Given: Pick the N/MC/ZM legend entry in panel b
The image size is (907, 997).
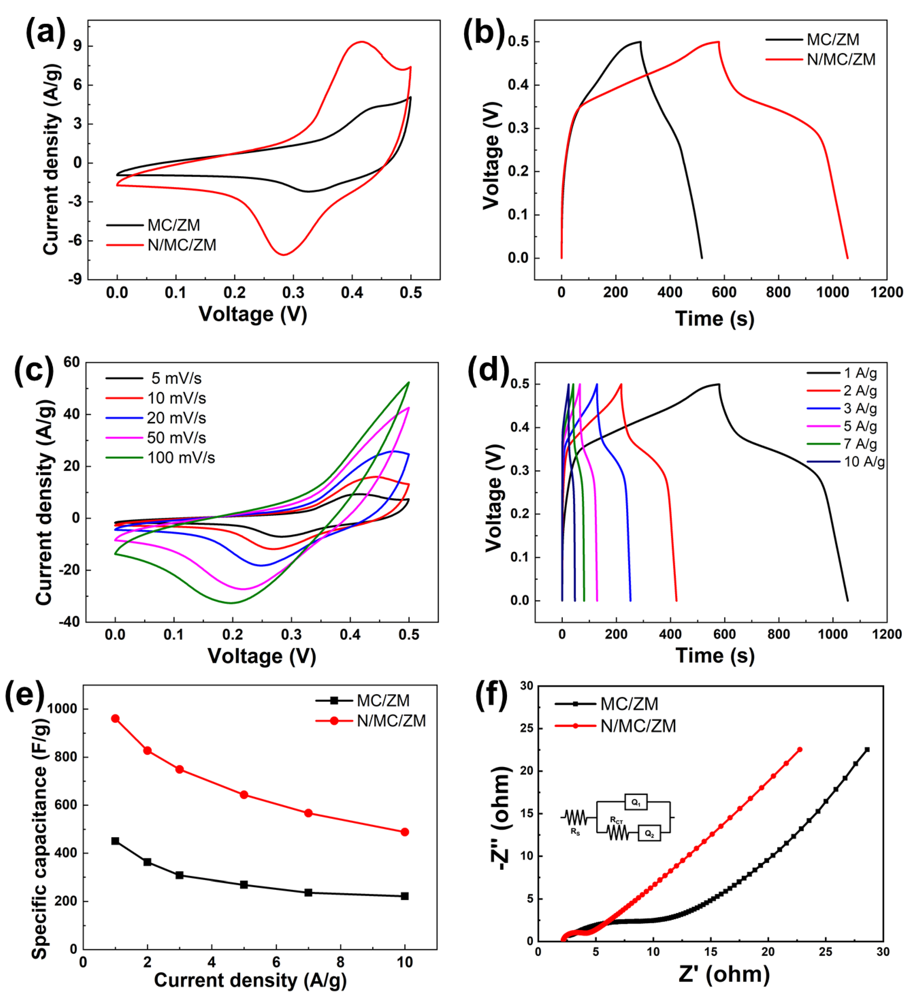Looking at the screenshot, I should click(x=840, y=59).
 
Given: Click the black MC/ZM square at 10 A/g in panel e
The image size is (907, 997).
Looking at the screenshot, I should click(x=404, y=896).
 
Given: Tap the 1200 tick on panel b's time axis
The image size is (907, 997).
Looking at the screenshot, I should click(x=886, y=292).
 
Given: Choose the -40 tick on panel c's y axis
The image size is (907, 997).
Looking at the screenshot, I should click(x=69, y=622).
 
